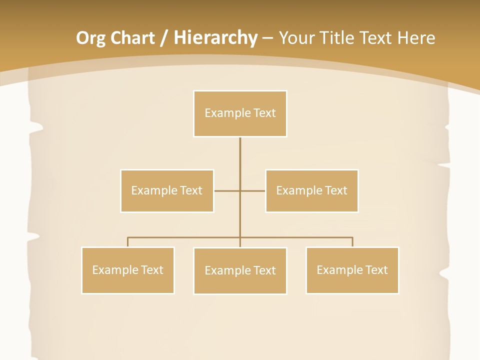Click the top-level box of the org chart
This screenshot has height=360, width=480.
[x=240, y=113]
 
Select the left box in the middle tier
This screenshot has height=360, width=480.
[x=167, y=190]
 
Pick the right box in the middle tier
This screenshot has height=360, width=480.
[x=311, y=190]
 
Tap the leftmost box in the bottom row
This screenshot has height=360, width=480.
[x=127, y=270]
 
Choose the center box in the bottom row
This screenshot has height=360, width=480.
[x=240, y=270]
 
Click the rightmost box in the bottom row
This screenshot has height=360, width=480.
[x=352, y=270]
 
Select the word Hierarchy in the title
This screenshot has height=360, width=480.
[x=215, y=38]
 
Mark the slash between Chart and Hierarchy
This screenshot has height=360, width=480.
[x=164, y=38]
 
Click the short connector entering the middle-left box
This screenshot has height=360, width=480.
[x=226, y=190]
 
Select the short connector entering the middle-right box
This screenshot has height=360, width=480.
[x=253, y=190]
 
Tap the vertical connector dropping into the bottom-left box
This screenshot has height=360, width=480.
[x=127, y=242]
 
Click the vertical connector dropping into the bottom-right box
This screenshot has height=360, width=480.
[x=352, y=242]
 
